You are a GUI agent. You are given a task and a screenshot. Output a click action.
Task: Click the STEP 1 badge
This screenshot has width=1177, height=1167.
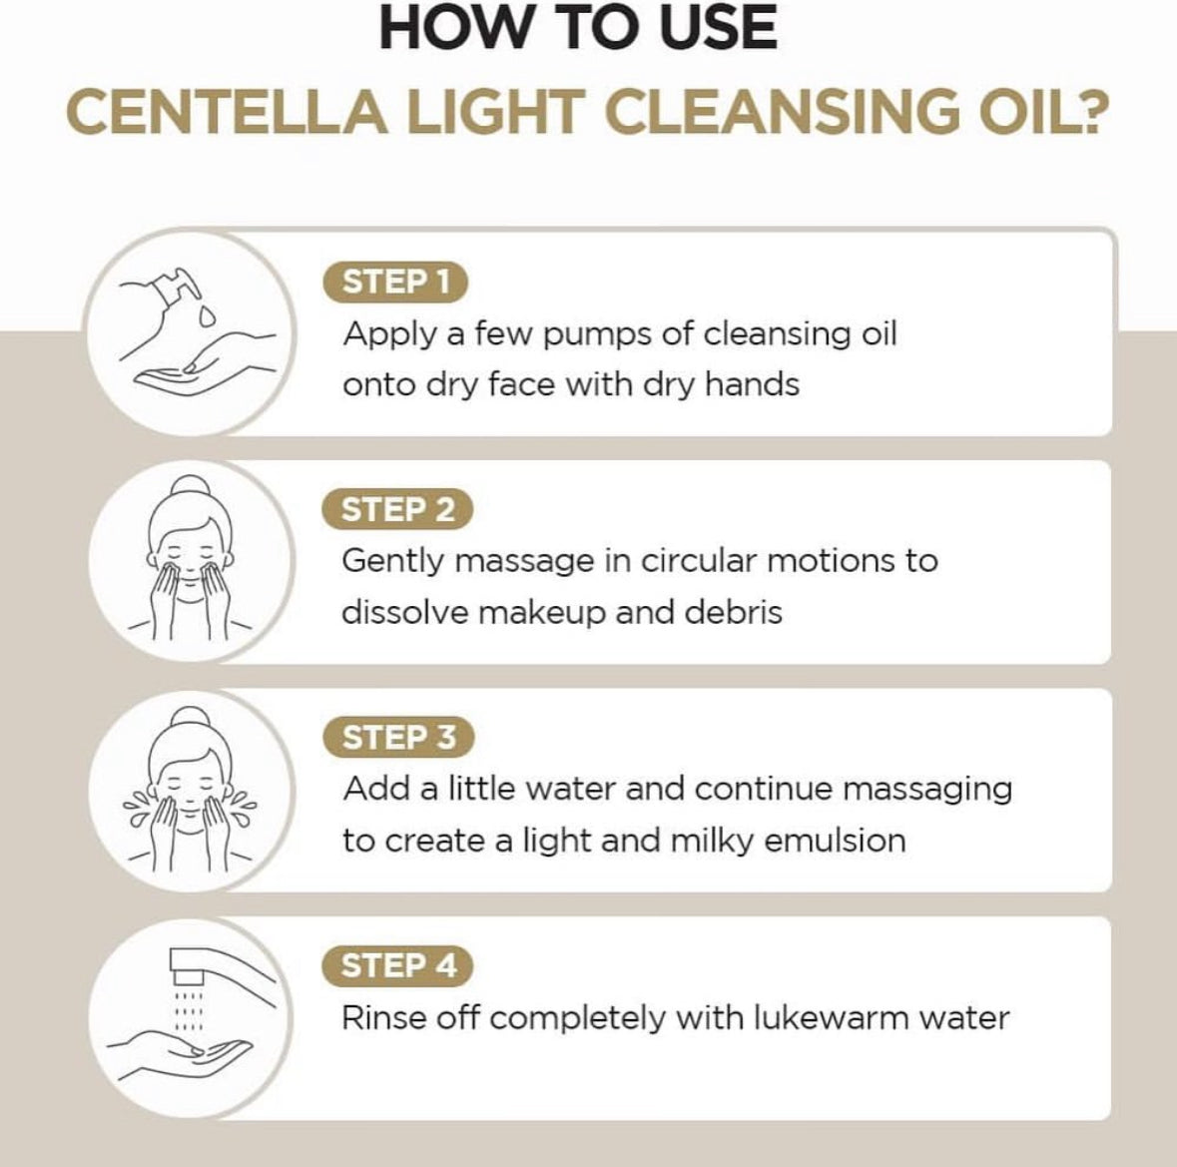395,282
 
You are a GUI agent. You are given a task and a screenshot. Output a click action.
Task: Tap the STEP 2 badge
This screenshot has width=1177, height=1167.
396,509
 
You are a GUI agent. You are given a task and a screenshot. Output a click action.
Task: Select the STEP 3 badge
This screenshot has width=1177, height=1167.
396,738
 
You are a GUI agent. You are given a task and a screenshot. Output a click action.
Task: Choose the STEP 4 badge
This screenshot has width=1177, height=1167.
396,965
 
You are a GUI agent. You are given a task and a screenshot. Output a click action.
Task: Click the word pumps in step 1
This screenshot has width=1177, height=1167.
596,333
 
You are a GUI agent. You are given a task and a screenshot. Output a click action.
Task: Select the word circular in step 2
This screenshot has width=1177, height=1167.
698,561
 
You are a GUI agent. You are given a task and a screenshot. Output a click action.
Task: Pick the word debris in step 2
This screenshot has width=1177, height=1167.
735,612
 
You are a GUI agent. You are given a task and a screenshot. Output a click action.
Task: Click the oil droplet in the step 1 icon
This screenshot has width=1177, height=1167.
206,316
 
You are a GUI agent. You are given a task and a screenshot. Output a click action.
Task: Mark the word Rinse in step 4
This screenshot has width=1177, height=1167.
378,1018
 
